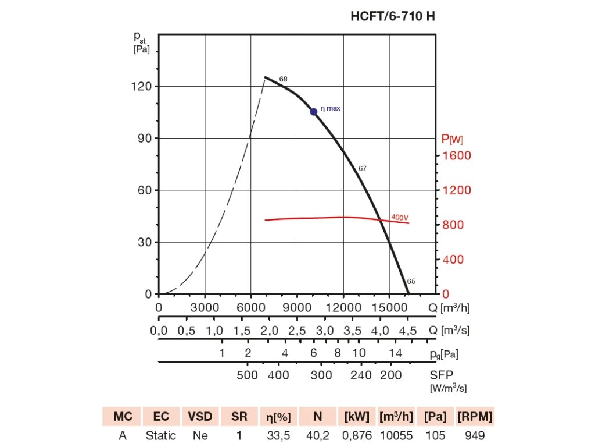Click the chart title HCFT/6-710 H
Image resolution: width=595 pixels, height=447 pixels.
pos(393,16)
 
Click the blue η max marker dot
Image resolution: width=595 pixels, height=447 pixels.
pos(314,111)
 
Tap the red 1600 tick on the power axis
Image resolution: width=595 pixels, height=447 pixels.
pos(456,155)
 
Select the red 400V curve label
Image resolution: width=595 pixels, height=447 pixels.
pos(400,217)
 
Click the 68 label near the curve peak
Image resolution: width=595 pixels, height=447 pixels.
pos(283,79)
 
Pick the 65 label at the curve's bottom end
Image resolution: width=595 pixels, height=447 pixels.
pos(411,281)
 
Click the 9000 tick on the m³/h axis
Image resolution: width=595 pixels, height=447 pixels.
pos(297,307)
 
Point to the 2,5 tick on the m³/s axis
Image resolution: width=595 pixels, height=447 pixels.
pos(297,331)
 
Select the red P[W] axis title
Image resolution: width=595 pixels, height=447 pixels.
pos(452,139)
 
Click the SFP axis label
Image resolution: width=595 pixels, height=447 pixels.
pos(441,375)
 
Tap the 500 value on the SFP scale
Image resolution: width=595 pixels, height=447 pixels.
pos(248,375)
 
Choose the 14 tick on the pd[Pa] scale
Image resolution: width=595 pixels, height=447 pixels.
pos(395,353)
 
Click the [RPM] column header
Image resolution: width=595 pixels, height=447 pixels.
pos(475,417)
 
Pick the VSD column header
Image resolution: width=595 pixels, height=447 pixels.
pos(200,417)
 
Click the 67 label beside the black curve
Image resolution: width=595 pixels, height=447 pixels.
pos(363,168)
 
